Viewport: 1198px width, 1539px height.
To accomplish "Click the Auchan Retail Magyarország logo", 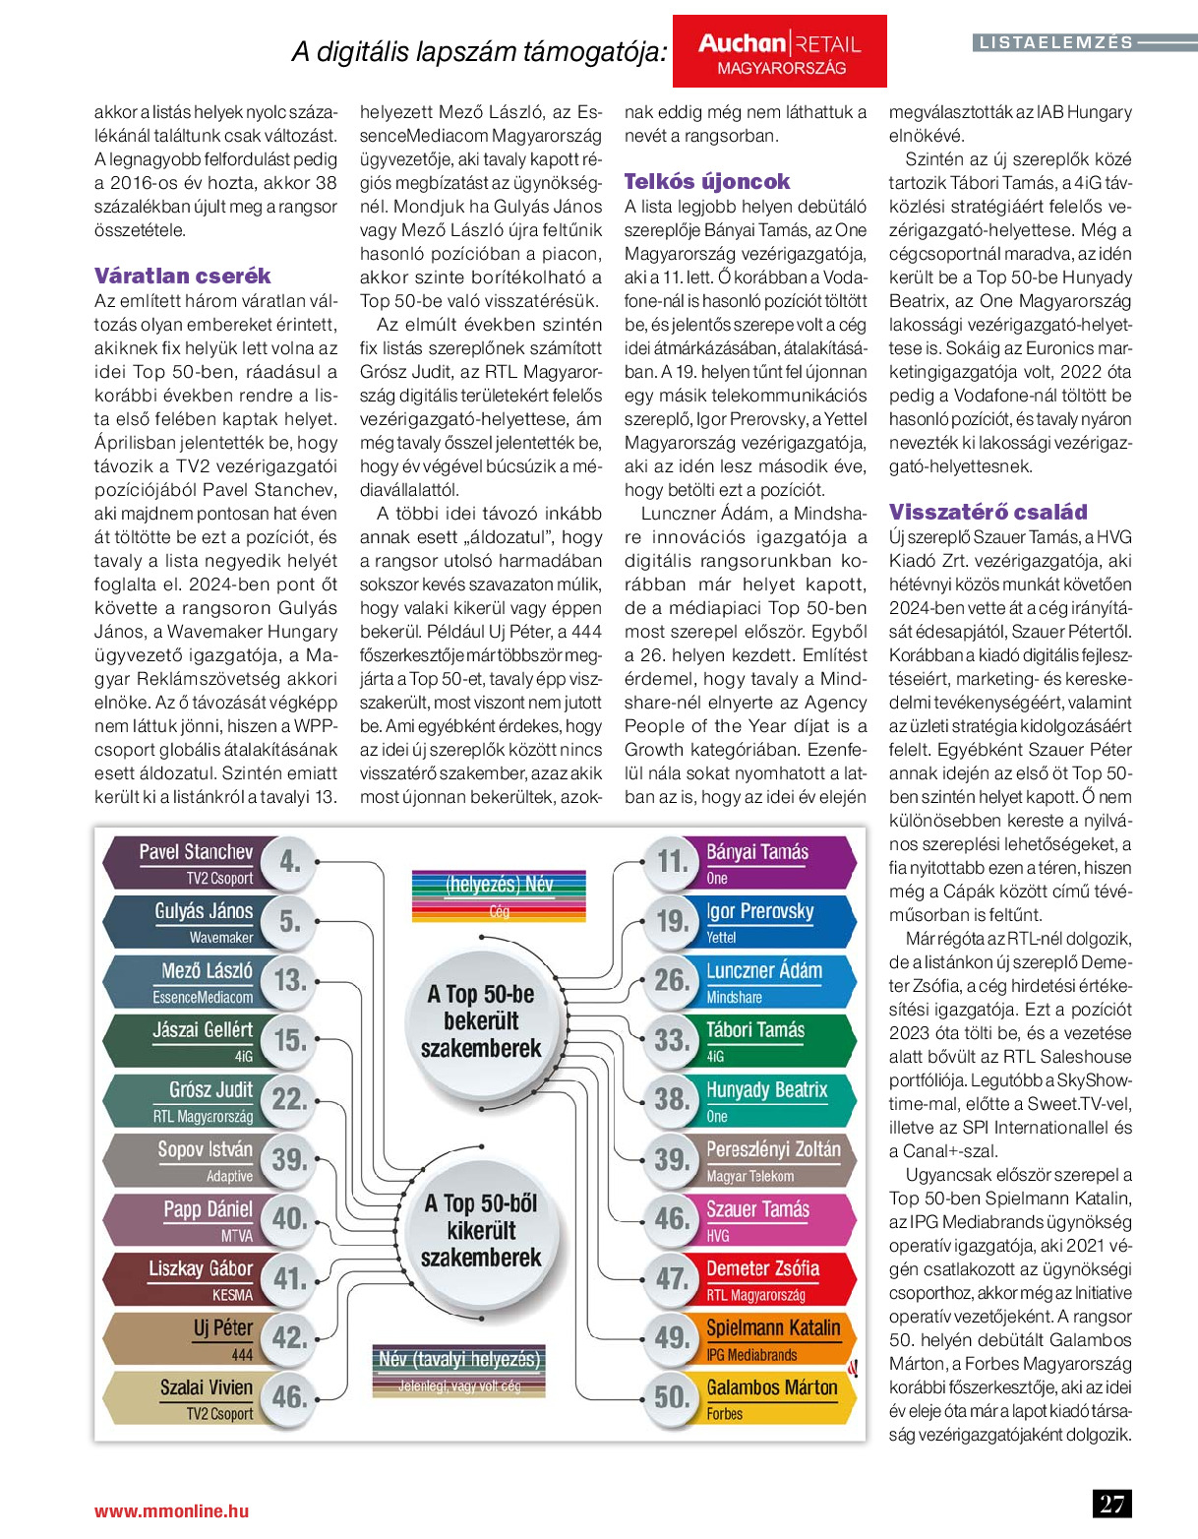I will coord(779,52).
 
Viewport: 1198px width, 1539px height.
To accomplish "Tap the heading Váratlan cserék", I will coord(182,276).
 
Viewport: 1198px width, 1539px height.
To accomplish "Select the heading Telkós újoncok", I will coord(706,181).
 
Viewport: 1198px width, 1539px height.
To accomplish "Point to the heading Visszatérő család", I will coord(988,512).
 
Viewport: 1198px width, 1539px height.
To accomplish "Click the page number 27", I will coord(1111,1504).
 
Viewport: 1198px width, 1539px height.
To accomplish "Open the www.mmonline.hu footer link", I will coord(171,1510).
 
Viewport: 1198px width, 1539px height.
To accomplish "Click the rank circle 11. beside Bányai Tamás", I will coord(673,862).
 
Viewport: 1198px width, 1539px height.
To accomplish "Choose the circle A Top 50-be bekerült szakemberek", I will coord(481,1021).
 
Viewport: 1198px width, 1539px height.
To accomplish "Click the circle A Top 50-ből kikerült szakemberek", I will coord(481,1230).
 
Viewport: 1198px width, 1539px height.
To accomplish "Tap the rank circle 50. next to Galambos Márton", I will coord(673,1397).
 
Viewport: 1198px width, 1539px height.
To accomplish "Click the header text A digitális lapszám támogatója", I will coord(479,52).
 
